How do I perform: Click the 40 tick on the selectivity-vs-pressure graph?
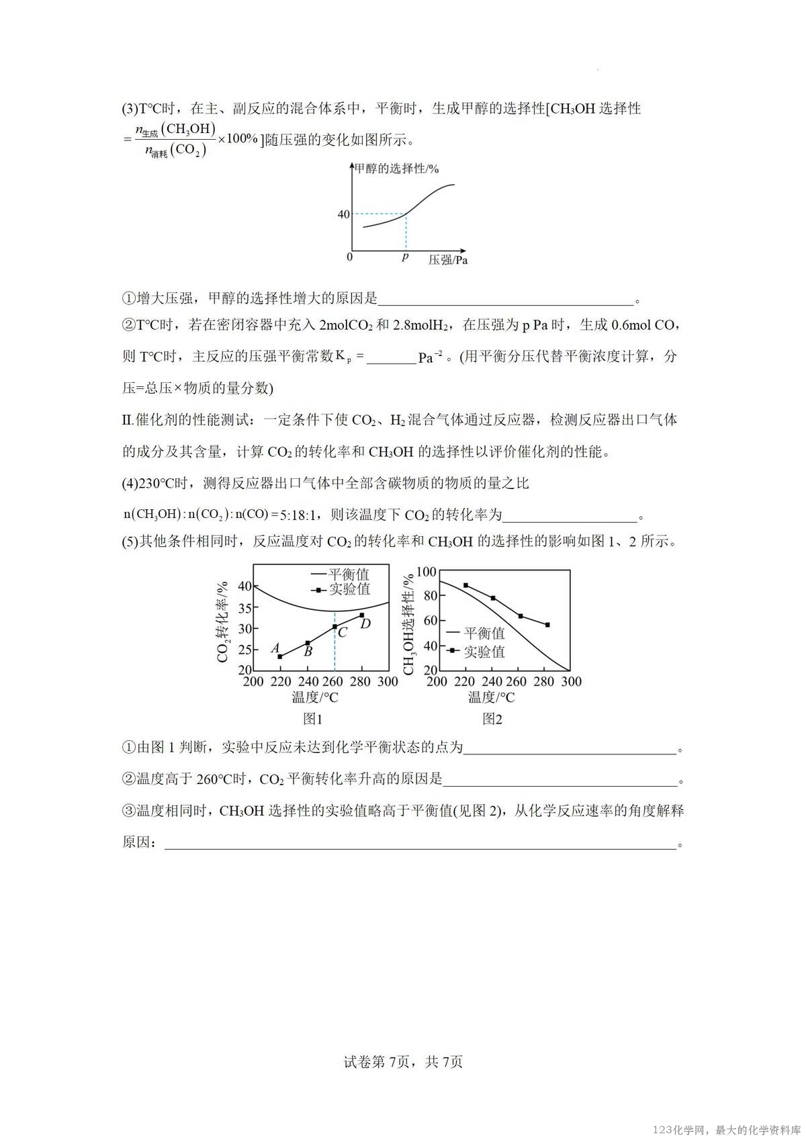(343, 214)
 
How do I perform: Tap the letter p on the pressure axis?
(405, 257)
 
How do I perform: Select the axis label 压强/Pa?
(447, 259)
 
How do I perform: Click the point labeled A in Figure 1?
(280, 656)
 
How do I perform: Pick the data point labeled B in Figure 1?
(308, 643)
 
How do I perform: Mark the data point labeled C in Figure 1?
(334, 627)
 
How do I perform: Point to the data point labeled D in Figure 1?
(361, 615)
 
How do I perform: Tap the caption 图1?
(313, 719)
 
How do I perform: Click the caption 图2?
(492, 719)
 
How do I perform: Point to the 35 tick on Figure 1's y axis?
(244, 608)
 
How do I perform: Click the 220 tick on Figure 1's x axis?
(281, 682)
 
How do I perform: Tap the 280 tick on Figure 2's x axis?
(543, 682)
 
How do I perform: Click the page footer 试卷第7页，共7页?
(403, 1062)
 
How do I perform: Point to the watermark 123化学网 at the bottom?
(678, 1130)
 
